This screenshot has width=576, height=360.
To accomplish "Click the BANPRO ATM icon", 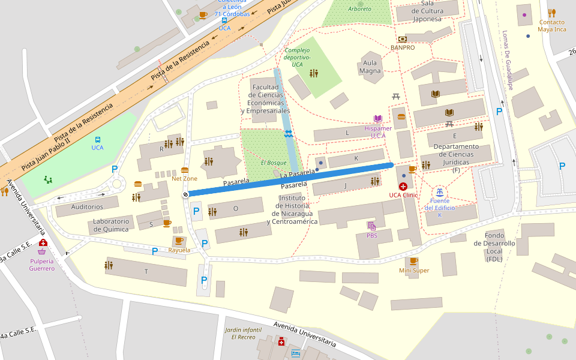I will (402, 39).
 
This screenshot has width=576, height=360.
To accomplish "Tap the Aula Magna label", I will (370, 67).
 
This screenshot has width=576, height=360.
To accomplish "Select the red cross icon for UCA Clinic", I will (403, 187).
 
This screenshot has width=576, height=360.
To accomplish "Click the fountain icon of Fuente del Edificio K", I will (440, 191).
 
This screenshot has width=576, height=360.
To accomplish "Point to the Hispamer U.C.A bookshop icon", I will (378, 119).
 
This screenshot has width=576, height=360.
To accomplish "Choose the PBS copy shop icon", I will (372, 226).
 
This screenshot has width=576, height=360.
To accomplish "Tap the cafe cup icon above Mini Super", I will (413, 261).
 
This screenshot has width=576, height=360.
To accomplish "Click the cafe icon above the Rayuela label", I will (179, 241).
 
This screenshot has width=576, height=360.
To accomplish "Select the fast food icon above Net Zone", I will (185, 170).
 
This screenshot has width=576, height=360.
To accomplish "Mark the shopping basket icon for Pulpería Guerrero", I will (42, 251).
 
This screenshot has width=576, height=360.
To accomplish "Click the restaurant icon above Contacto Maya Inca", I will (551, 13).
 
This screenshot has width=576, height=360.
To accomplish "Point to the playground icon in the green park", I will (48, 179).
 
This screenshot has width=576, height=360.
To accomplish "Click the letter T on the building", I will (146, 271).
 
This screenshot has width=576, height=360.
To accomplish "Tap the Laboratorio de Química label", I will (111, 225).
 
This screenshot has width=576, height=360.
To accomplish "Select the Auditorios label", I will (87, 207).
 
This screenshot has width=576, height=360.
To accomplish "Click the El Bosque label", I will (274, 163).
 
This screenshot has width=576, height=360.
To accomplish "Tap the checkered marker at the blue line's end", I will (186, 194).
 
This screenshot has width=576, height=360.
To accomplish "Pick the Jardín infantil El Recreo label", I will (243, 333).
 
